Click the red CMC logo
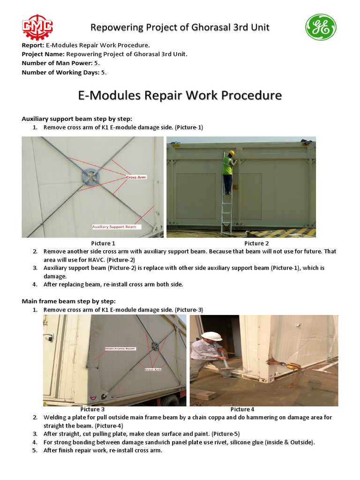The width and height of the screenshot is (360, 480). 37,27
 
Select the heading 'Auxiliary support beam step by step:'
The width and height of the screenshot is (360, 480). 74,119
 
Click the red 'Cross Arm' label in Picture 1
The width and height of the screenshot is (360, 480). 136,177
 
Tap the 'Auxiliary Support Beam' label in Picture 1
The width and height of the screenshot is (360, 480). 114,226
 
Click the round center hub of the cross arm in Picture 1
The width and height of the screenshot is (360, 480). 90,176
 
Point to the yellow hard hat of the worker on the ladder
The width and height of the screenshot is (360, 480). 231,153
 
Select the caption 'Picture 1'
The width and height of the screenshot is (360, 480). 103,243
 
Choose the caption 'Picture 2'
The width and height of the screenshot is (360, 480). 256,243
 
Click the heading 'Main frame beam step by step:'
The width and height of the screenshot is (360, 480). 68,301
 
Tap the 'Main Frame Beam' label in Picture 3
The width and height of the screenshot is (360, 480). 120,349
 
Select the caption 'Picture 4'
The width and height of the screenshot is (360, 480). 242,409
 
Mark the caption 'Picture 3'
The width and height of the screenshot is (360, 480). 92,409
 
